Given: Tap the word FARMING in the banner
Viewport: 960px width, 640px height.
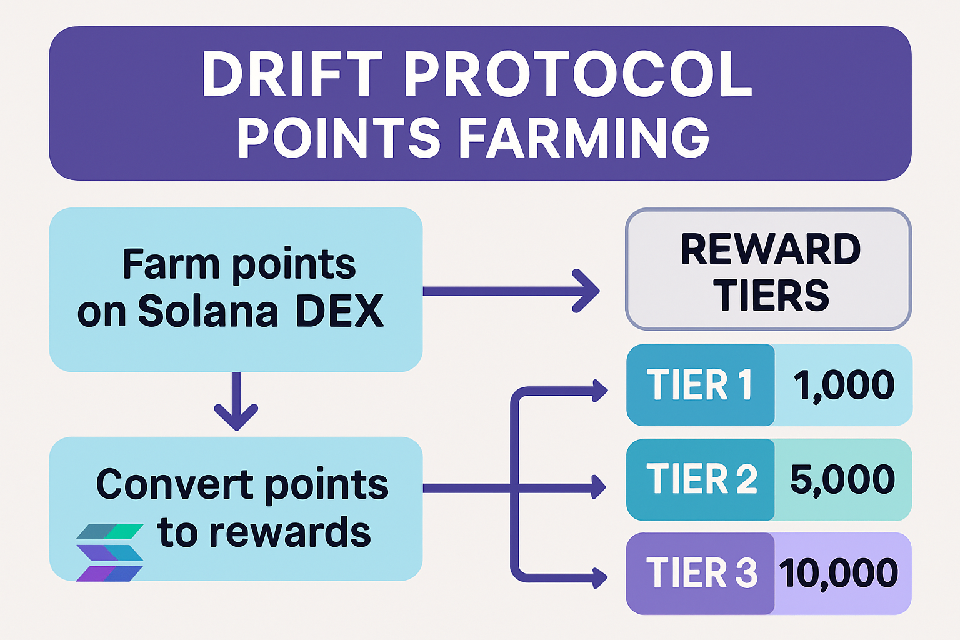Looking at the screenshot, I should point(584,137).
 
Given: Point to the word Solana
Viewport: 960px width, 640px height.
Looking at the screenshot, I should point(208,311).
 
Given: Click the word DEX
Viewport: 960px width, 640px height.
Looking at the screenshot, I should point(339,311).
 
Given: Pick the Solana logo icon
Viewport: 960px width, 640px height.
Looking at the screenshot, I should point(110,552).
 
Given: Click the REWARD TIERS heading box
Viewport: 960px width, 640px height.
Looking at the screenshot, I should point(768,269).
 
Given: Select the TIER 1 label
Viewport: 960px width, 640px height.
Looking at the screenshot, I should point(699,385).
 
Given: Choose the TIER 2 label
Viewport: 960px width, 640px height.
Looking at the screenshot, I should point(701,479).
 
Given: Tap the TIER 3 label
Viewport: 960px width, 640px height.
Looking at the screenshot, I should point(701,573).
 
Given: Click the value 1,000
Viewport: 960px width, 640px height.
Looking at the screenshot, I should point(844,385).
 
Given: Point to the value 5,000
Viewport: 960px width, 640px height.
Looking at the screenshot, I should point(842,479).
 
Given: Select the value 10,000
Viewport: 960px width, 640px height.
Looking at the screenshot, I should point(839,573).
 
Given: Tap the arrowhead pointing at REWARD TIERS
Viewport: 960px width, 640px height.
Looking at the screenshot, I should point(587,291).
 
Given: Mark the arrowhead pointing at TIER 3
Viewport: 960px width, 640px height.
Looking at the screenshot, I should point(599,577).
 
